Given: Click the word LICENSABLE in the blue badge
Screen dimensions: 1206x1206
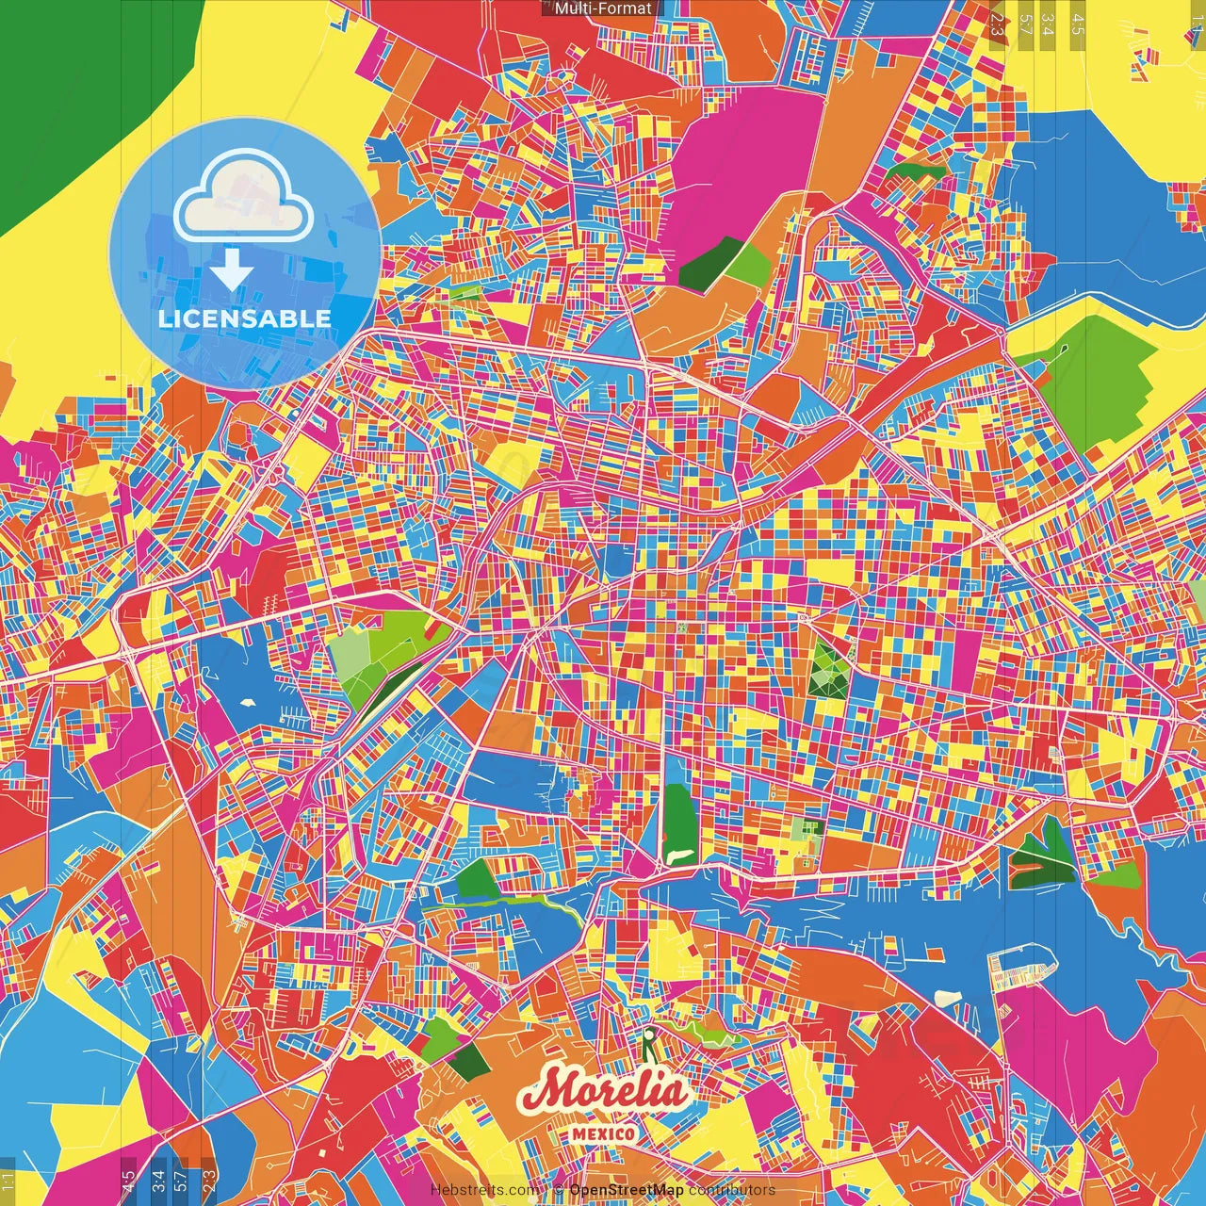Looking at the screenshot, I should (x=244, y=318).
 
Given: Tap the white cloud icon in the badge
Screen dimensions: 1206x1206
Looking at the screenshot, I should (x=244, y=195).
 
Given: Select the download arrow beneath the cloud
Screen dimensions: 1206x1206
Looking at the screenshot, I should (x=232, y=270).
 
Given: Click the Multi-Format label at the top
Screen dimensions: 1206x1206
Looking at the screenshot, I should (x=602, y=8).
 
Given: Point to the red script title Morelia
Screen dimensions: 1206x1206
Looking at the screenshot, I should (x=603, y=1091).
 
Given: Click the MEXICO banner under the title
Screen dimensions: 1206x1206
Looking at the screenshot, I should (x=603, y=1133).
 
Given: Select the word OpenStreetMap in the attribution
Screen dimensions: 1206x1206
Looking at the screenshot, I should (x=626, y=1190).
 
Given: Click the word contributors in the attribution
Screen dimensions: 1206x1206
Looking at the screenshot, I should (x=732, y=1190).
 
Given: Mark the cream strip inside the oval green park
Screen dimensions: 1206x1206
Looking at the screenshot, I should (x=677, y=855).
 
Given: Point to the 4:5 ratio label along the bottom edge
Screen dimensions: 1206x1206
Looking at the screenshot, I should (x=128, y=1180).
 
